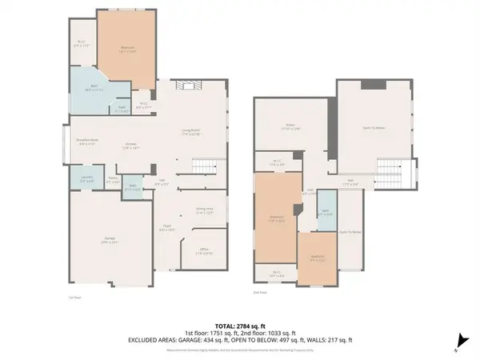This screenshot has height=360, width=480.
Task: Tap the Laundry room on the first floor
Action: coord(87,180)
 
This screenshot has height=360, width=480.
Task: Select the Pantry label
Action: coord(114,179)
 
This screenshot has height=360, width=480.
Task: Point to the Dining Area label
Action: coord(204,211)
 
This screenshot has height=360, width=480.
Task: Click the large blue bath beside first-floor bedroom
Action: coord(94,89)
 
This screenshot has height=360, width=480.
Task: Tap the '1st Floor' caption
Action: coord(77,297)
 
